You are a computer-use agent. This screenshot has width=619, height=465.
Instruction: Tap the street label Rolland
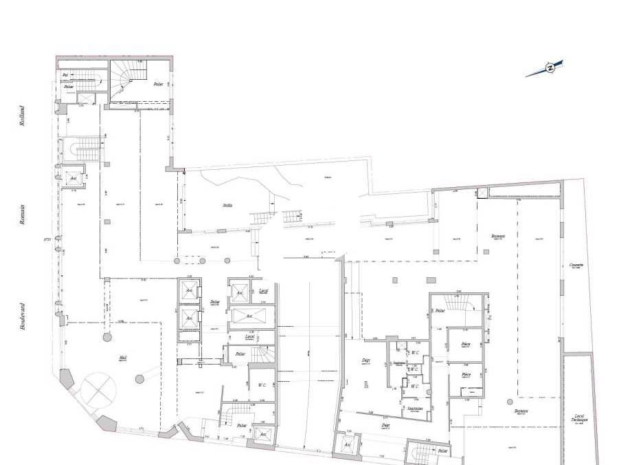point(22,116)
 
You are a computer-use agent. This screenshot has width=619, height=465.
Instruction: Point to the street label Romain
point(22,214)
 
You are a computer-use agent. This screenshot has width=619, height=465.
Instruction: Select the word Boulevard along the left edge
point(22,318)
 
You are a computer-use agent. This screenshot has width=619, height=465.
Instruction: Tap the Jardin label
point(227,205)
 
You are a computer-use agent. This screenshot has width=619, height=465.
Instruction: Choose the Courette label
point(576,266)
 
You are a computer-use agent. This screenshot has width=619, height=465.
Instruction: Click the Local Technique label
point(578,418)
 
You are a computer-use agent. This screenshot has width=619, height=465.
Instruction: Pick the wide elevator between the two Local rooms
point(251,317)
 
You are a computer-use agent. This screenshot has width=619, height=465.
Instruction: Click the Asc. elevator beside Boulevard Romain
point(73,177)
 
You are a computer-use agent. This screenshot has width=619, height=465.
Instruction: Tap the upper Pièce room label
point(465,344)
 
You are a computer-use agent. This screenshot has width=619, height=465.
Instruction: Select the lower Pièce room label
point(465,375)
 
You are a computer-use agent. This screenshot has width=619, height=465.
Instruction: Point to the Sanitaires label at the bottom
point(414,408)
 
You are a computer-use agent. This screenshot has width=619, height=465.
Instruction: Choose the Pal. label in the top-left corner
point(65,75)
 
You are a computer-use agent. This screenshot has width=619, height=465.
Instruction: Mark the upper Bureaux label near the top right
point(498,236)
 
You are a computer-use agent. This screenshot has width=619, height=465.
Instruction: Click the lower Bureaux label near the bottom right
point(521,411)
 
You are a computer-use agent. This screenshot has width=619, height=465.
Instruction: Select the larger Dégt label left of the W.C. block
point(366,360)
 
